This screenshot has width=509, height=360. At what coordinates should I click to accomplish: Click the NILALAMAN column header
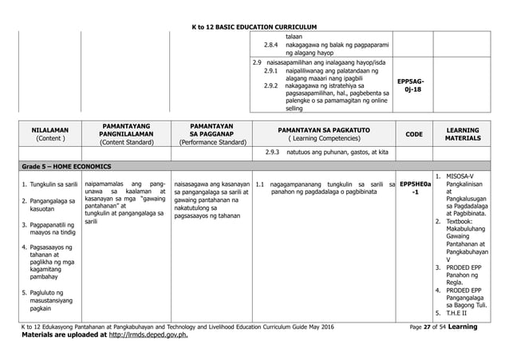click(x=49, y=133)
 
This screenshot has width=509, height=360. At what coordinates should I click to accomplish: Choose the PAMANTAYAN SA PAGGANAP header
click(x=210, y=133)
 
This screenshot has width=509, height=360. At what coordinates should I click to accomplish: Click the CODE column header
click(x=414, y=133)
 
